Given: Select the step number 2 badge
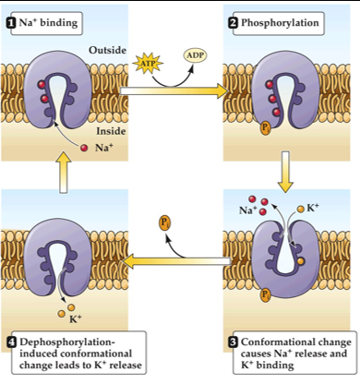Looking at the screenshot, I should [x=234, y=19].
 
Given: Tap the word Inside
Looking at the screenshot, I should [x=111, y=131].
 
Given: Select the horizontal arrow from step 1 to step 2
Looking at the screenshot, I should [x=175, y=91].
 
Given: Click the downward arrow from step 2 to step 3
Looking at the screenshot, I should [x=286, y=170].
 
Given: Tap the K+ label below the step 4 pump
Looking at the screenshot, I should [x=78, y=319].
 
